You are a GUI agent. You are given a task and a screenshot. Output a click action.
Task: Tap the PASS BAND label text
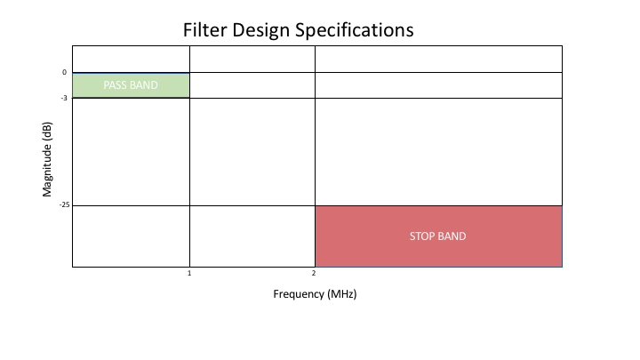point(131,85)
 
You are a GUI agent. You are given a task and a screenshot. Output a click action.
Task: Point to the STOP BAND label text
point(437,236)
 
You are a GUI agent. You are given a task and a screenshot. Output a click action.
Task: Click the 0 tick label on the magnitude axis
point(64,72)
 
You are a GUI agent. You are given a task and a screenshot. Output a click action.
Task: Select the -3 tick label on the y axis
point(63,98)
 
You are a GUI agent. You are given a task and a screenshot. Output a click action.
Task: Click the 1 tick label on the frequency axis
point(189,275)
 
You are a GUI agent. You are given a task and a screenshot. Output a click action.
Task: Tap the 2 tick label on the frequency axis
point(314,275)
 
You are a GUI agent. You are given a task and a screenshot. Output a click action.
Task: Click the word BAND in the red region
point(452,236)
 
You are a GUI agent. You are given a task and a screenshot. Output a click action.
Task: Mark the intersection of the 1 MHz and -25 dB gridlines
point(189,205)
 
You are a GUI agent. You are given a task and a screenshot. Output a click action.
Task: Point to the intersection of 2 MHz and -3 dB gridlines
point(315,98)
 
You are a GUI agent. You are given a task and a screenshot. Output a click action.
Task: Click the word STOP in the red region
point(422,236)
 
